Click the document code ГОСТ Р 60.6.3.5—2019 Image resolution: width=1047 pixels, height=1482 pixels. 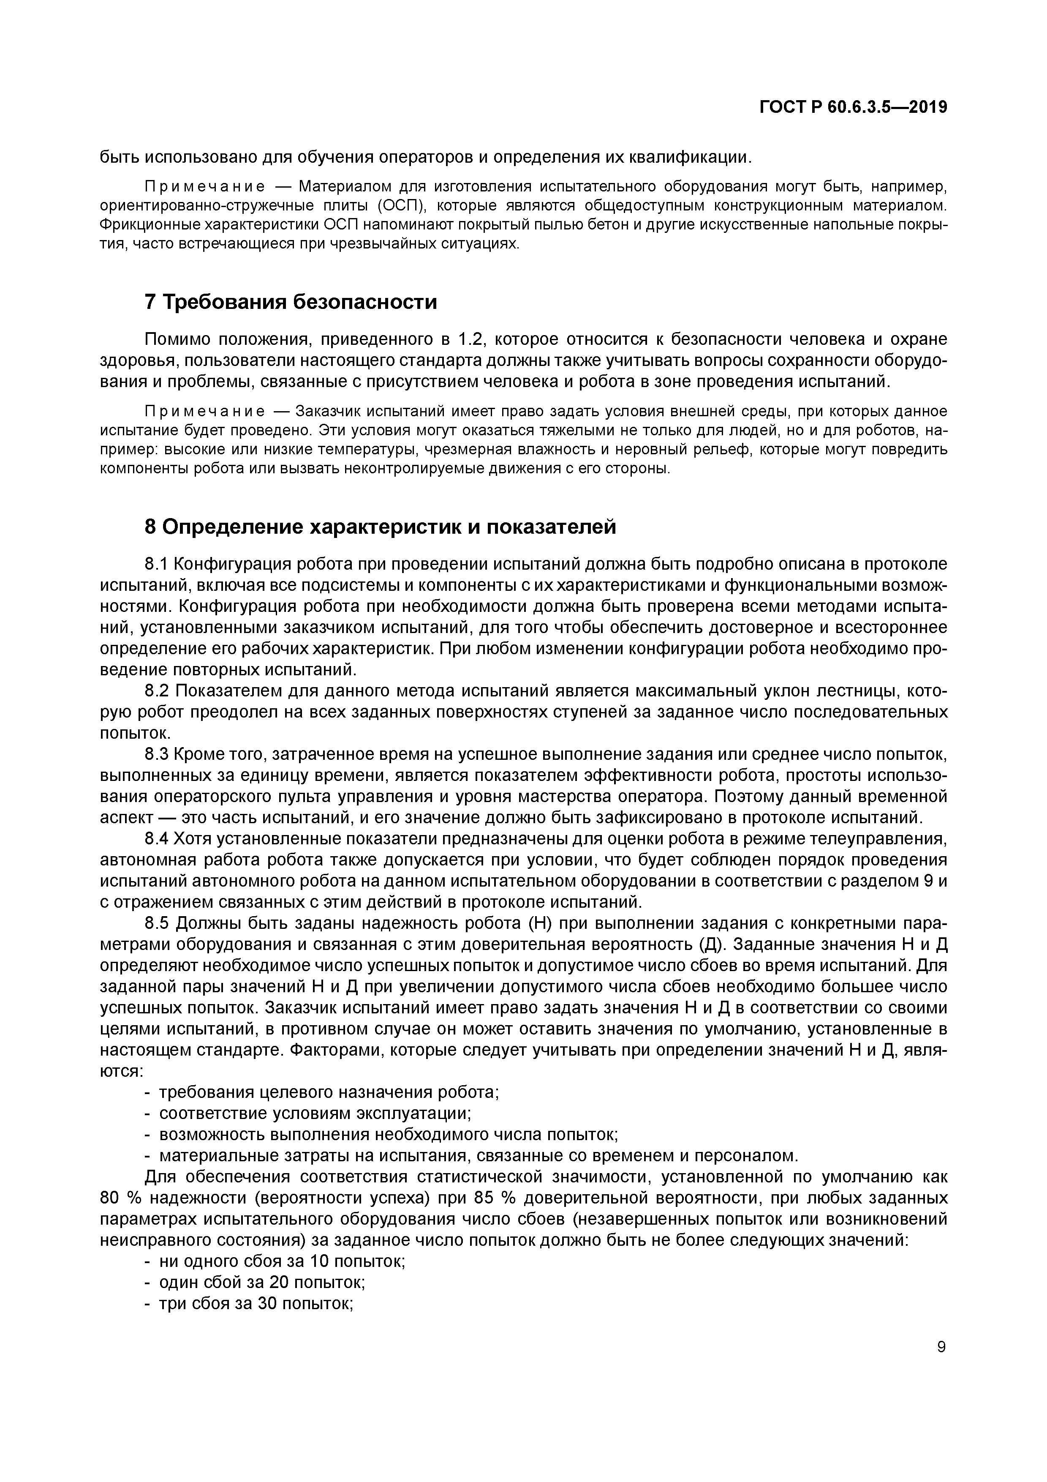click(x=853, y=107)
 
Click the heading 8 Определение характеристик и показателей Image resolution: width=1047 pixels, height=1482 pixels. click(x=380, y=527)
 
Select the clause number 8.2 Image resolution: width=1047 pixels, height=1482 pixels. click(x=157, y=691)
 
